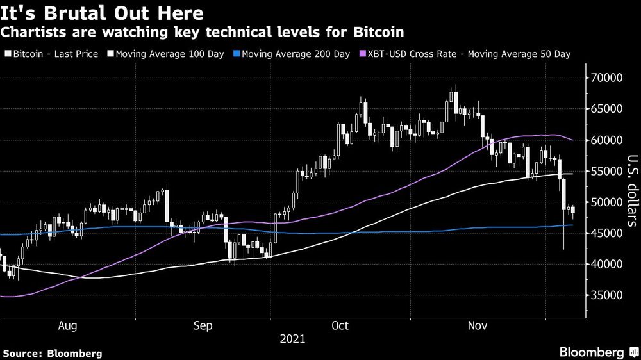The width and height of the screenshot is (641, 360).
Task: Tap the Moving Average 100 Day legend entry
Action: click(x=167, y=54)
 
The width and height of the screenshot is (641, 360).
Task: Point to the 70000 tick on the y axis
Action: click(x=606, y=78)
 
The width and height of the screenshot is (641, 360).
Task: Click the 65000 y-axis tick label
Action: click(x=606, y=109)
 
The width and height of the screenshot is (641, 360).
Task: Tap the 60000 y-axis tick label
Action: click(x=606, y=140)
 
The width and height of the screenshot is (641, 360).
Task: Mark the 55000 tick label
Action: click(x=606, y=171)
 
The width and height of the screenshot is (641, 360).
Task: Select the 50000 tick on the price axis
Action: click(x=606, y=202)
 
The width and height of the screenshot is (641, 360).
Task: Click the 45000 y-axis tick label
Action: click(x=606, y=233)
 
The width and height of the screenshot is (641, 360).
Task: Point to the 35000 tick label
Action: click(x=606, y=295)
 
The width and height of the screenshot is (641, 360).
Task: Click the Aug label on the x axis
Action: click(x=68, y=326)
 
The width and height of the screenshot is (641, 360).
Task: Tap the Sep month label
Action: click(x=203, y=326)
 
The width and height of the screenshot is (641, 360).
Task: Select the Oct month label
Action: click(x=340, y=326)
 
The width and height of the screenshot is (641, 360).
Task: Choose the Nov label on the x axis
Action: click(x=476, y=326)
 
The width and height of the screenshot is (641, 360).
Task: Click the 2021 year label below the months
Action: click(x=292, y=339)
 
